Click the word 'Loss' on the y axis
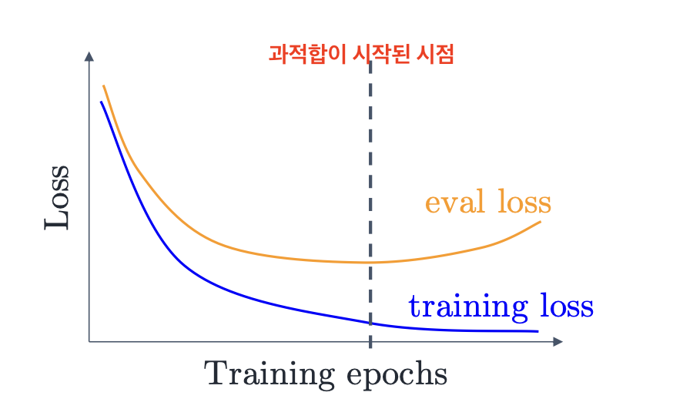click(x=56, y=198)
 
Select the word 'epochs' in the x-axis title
click(x=397, y=376)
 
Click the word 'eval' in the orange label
click(x=455, y=202)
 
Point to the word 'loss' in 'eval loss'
click(x=524, y=202)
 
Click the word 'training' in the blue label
click(x=468, y=307)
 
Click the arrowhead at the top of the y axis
click(x=89, y=56)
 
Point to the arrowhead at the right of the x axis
click(x=557, y=342)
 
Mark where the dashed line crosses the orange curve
click(x=370, y=263)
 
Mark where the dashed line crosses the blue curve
click(x=370, y=323)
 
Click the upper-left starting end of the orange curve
click(x=103, y=85)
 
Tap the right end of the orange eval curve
click(x=540, y=221)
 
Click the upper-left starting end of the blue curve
click(x=101, y=102)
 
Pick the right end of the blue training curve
click(x=538, y=331)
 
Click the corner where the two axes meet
click(x=89, y=342)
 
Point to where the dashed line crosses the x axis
click(x=370, y=342)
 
